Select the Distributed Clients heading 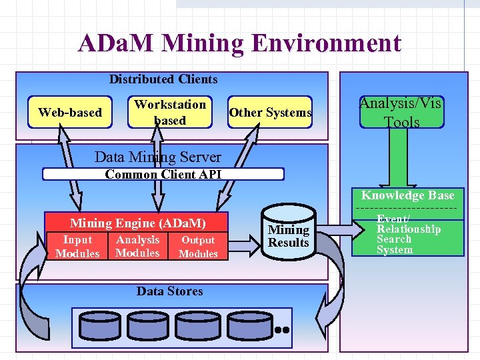tap(163, 79)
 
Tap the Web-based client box tap(70, 112)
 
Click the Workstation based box tap(170, 112)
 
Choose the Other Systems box tap(270, 112)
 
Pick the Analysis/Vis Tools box tap(401, 113)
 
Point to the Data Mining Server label tap(158, 157)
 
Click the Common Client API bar tap(163, 175)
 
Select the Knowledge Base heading tap(407, 195)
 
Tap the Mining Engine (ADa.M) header tap(138, 223)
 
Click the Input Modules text tap(77, 247)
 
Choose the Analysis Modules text tap(137, 247)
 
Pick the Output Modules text tap(198, 247)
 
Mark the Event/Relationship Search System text tap(408, 234)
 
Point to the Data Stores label tap(169, 291)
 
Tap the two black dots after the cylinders tap(281, 329)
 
